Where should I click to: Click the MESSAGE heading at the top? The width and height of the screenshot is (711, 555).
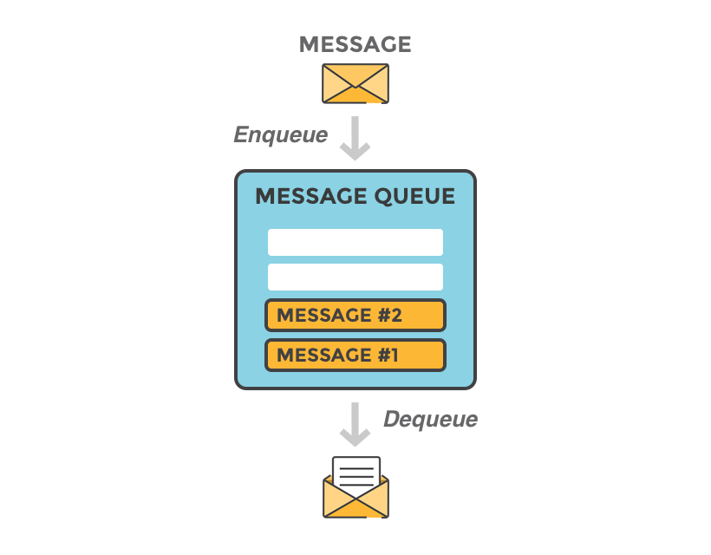[355, 44]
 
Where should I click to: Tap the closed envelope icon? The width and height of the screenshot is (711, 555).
[355, 83]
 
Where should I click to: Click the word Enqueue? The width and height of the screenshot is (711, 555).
[280, 134]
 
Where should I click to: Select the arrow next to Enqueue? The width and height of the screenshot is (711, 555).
[355, 138]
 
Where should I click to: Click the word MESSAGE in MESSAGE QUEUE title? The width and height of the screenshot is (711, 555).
[310, 197]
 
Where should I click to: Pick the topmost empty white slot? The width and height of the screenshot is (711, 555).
[355, 242]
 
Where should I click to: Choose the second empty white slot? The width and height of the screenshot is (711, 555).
[355, 277]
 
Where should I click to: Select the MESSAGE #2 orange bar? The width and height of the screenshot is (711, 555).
[355, 315]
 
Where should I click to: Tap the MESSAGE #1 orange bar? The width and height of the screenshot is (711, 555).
[355, 355]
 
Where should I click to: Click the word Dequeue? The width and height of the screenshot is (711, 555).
[430, 420]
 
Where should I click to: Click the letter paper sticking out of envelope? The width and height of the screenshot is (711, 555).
[355, 472]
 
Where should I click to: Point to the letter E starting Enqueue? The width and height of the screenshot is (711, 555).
[240, 134]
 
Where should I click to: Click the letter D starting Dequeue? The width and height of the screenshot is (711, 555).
[391, 420]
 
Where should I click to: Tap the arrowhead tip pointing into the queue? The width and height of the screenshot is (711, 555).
[355, 158]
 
